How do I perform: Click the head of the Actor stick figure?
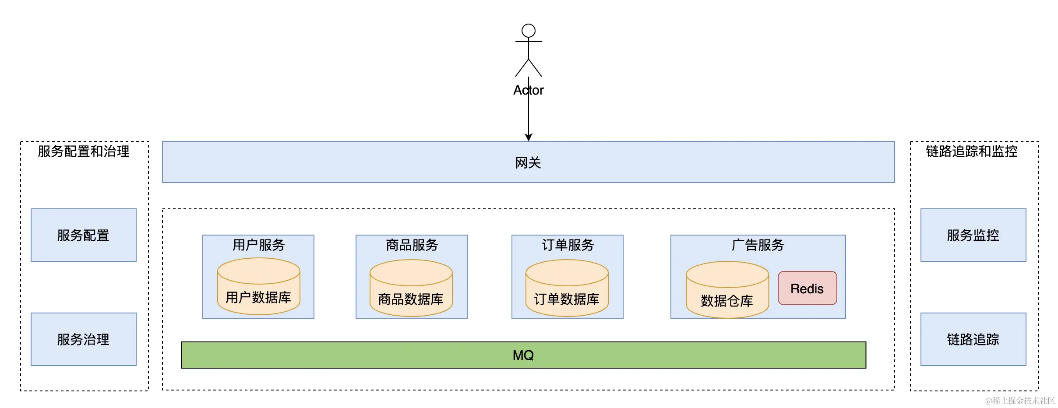click(x=528, y=31)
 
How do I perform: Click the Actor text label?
click(x=528, y=90)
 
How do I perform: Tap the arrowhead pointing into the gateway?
click(x=528, y=137)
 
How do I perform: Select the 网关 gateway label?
click(x=528, y=163)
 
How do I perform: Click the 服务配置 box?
click(x=83, y=235)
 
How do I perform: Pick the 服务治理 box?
click(x=83, y=339)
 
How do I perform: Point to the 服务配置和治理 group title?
click(x=83, y=151)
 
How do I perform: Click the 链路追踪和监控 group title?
click(x=971, y=151)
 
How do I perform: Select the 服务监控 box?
click(x=973, y=235)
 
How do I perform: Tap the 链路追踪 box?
click(x=973, y=339)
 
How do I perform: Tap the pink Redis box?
click(x=807, y=288)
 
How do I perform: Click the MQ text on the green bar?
click(x=523, y=355)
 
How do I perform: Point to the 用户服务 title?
click(x=258, y=245)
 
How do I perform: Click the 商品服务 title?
click(x=412, y=245)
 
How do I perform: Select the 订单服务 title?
click(x=568, y=245)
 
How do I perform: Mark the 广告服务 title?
click(x=758, y=245)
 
